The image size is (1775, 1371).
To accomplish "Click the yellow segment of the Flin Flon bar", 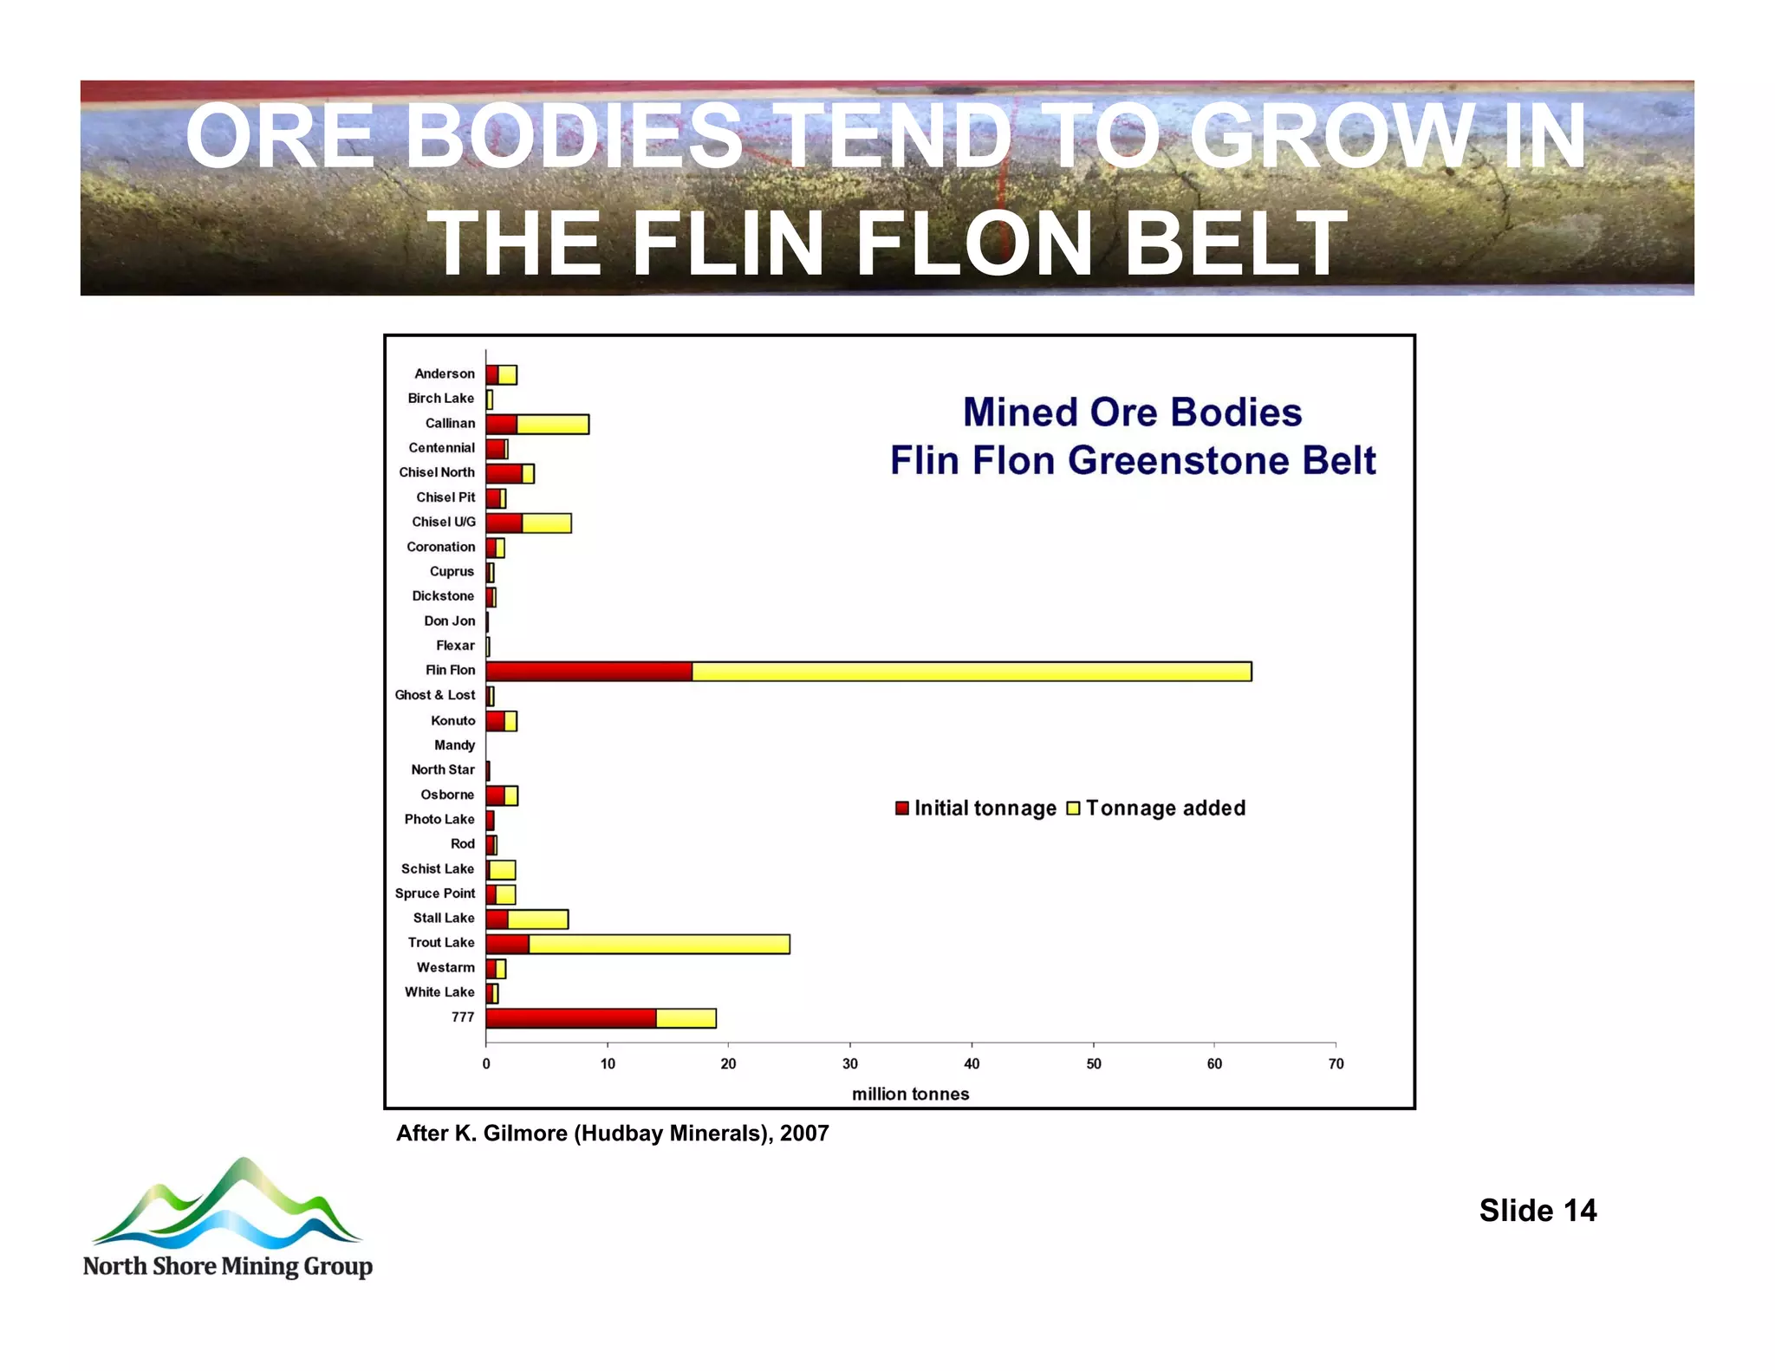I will tap(971, 672).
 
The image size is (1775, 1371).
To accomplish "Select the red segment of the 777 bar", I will tap(570, 1018).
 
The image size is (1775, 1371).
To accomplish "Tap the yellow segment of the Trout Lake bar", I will tap(659, 944).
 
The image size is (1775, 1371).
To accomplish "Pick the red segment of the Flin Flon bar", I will tap(589, 672).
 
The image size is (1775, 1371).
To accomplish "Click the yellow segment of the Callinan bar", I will tap(553, 424).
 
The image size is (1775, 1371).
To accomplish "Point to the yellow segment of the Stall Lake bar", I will tap(537, 919).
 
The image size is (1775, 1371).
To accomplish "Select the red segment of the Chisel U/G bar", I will tap(504, 523).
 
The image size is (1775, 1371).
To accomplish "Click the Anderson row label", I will tap(445, 374).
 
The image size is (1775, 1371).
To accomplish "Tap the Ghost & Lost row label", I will tap(434, 695).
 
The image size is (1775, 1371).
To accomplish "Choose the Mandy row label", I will tap(454, 745).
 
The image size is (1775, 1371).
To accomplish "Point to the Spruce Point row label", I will tap(435, 893).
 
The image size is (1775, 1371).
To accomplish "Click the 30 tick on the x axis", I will tap(850, 1064).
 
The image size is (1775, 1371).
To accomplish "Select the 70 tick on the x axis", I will tap(1336, 1064).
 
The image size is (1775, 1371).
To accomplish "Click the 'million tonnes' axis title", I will tap(910, 1094).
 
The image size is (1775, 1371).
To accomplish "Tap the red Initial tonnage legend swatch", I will tap(902, 809).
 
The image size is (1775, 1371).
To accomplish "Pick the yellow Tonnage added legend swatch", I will tap(1073, 809).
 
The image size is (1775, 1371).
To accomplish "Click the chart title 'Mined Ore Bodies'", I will tap(1132, 413).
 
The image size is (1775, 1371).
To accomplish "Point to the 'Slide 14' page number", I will tap(1537, 1211).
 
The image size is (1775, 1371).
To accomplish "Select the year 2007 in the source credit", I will tap(804, 1134).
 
